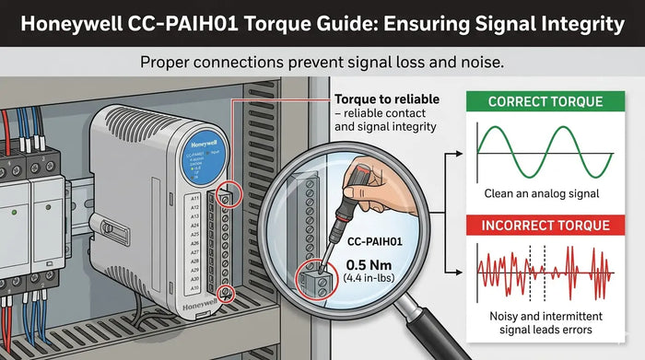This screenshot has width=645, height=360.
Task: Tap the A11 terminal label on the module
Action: click(193, 197)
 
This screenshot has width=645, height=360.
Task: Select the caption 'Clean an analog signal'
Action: click(542, 194)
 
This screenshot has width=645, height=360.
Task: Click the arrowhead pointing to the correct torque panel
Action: click(458, 152)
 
